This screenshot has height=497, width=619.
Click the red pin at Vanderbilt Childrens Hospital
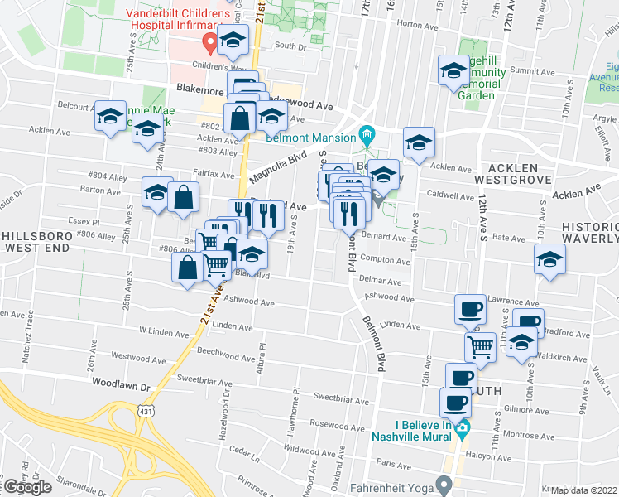211,40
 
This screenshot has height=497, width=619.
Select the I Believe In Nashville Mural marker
463,427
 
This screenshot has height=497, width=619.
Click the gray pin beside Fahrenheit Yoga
445,482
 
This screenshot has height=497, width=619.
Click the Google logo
27,488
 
